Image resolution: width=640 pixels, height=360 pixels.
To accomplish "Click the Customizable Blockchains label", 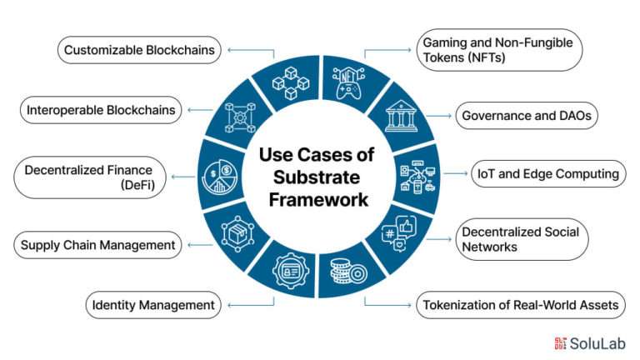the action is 139,50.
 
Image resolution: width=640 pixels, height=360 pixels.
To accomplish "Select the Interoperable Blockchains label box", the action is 101,110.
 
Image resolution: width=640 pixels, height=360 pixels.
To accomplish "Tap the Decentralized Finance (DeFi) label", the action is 90,177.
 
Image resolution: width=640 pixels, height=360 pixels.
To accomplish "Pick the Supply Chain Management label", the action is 97,245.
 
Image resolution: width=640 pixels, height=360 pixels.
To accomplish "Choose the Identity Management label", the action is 153,305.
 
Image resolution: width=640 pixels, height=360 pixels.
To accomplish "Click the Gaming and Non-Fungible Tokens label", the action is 499,50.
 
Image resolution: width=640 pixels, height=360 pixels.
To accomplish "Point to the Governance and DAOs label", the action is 527,116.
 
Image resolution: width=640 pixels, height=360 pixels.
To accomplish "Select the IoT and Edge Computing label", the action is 548,174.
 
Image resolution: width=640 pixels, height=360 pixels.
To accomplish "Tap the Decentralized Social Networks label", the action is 522,240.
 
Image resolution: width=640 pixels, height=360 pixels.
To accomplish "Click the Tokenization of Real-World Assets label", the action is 520,305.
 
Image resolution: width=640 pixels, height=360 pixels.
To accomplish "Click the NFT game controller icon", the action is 348,83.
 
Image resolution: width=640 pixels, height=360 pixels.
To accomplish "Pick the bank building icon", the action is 401,117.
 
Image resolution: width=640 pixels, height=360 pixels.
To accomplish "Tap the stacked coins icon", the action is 348,272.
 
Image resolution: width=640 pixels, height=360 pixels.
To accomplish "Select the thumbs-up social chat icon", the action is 399,233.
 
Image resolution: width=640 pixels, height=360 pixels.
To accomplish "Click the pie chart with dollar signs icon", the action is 219,177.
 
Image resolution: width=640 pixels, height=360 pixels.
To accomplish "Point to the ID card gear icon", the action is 291,271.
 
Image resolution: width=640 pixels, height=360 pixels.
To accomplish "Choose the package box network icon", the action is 237,234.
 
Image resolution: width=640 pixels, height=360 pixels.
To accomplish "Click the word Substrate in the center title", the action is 317,177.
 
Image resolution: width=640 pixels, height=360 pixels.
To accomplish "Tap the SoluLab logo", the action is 590,343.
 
